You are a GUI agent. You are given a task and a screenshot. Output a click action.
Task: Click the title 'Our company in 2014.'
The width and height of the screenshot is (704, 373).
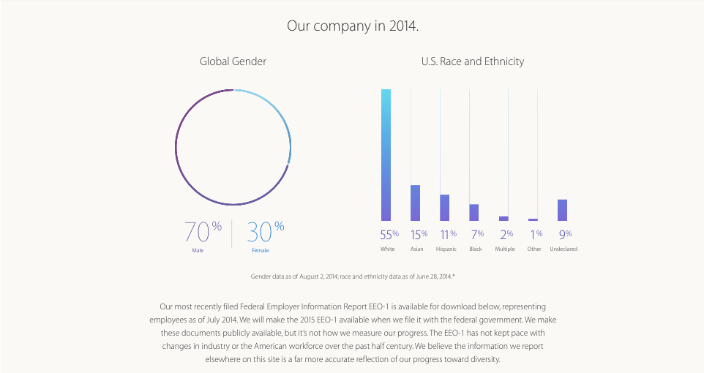352,26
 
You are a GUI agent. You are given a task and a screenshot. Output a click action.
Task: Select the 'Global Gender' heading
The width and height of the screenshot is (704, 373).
233,61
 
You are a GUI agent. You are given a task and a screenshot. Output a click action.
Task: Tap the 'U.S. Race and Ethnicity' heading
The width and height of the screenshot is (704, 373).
472,61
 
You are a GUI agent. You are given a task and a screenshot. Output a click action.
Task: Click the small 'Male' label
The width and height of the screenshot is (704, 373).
198,251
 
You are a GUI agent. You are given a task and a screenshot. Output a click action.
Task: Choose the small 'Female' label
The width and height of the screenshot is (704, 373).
261,251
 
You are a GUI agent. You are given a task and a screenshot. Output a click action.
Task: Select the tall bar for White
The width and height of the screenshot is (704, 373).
386,154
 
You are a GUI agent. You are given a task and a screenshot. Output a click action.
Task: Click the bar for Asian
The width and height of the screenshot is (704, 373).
416,203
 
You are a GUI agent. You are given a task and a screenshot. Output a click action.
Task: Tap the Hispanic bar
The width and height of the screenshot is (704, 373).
445,208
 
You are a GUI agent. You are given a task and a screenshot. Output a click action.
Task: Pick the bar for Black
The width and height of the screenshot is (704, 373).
474,212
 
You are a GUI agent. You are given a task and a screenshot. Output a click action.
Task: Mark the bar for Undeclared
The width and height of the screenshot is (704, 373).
562,210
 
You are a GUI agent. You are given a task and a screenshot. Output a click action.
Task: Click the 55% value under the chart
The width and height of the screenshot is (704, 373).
389,235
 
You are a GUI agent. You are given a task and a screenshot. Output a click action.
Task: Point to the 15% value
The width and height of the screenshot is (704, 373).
418,235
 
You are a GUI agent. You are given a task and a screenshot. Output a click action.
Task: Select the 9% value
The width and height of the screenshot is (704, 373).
565,235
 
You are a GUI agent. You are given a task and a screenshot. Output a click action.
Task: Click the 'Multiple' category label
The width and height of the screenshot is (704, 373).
505,249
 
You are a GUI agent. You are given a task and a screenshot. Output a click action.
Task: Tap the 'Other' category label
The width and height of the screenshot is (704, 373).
534,249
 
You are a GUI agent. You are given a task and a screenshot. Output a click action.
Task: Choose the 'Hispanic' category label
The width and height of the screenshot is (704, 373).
446,249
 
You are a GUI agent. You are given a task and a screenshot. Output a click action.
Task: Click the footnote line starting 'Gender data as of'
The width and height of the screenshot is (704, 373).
353,276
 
